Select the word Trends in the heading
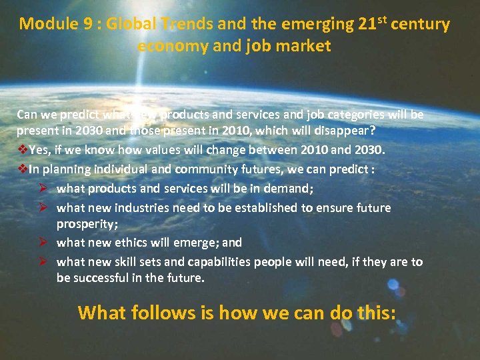(x=187, y=25)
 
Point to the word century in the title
(x=421, y=25)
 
